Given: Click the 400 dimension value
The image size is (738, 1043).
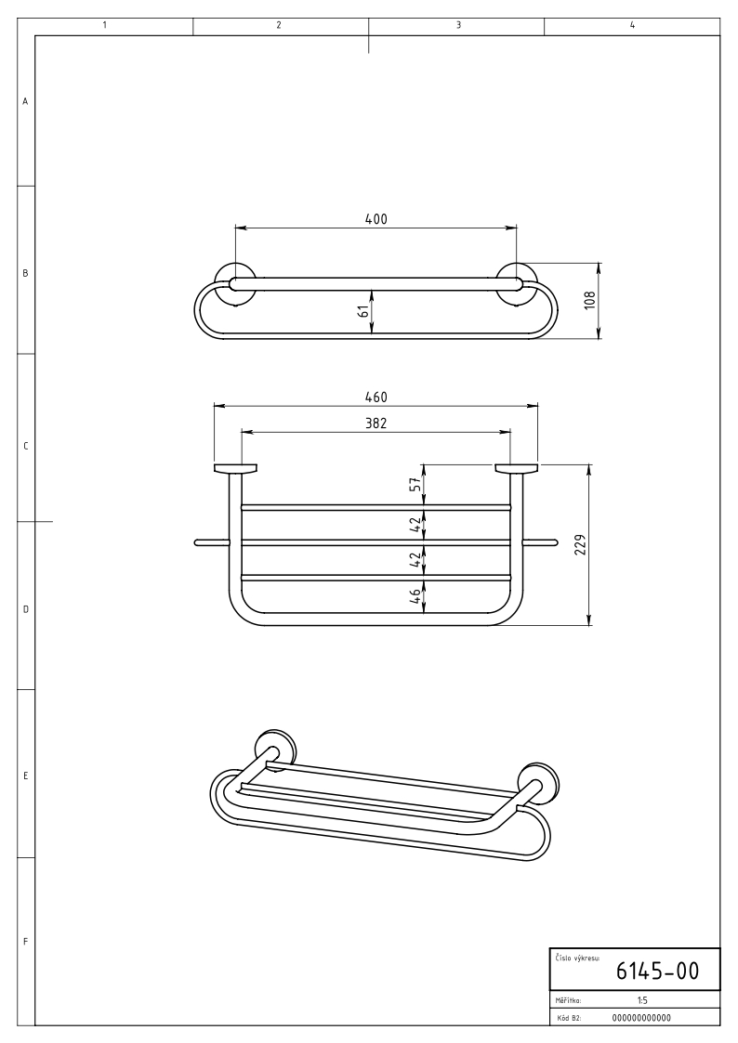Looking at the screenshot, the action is [376, 218].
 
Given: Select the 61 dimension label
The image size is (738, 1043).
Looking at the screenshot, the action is [363, 310].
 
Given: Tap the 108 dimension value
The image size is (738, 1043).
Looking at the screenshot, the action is [590, 301].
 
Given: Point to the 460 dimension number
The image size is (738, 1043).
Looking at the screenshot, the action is [376, 398].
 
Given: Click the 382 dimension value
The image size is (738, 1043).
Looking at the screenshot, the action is [376, 424].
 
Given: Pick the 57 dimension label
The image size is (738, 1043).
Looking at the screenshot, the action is [414, 485].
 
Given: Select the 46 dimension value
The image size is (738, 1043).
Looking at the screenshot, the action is [414, 594].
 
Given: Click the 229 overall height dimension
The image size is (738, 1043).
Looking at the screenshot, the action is [579, 545].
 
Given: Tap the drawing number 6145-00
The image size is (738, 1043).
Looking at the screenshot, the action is [657, 971].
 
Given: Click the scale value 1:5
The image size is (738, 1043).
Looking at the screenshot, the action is [642, 999].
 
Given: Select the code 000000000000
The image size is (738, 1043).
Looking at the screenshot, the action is [641, 1018].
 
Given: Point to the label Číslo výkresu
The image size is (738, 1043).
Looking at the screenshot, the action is [577, 958].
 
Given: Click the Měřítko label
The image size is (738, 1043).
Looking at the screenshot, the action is [568, 999].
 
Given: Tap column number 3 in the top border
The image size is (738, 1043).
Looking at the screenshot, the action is [458, 25].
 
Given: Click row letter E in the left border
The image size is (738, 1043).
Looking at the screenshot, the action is [25, 776].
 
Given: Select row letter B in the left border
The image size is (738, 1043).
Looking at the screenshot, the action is [25, 273].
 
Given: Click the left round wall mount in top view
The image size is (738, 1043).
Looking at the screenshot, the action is [234, 284].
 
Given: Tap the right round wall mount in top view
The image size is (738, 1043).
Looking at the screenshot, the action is [517, 284].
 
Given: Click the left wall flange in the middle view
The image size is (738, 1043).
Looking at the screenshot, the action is [235, 468].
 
